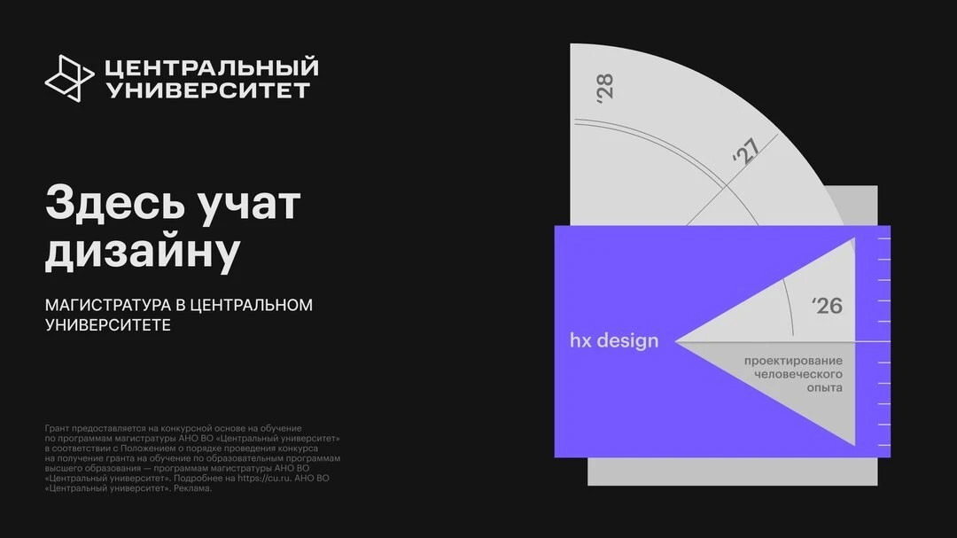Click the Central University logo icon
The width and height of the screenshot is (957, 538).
[69, 78]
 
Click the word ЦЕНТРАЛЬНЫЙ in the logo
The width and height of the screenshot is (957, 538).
[212, 67]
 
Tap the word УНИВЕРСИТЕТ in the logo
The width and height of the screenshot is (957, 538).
[208, 90]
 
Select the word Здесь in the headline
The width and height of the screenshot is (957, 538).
[113, 203]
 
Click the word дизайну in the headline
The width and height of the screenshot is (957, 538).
[143, 250]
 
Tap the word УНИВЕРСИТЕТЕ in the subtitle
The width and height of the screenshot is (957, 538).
[108, 325]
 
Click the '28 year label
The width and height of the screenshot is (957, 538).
[605, 88]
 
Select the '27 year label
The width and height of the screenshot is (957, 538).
[746, 151]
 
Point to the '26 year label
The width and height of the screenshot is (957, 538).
[827, 305]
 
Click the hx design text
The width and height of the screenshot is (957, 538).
[614, 340]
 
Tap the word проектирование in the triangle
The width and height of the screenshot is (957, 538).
[793, 361]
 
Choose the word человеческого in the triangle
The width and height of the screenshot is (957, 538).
[797, 374]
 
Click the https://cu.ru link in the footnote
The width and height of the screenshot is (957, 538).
[264, 478]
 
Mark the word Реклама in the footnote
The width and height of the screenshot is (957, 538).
[193, 488]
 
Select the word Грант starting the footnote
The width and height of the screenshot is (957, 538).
[57, 429]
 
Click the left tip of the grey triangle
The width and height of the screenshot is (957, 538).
[675, 342]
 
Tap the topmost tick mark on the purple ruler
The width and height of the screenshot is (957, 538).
[883, 238]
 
